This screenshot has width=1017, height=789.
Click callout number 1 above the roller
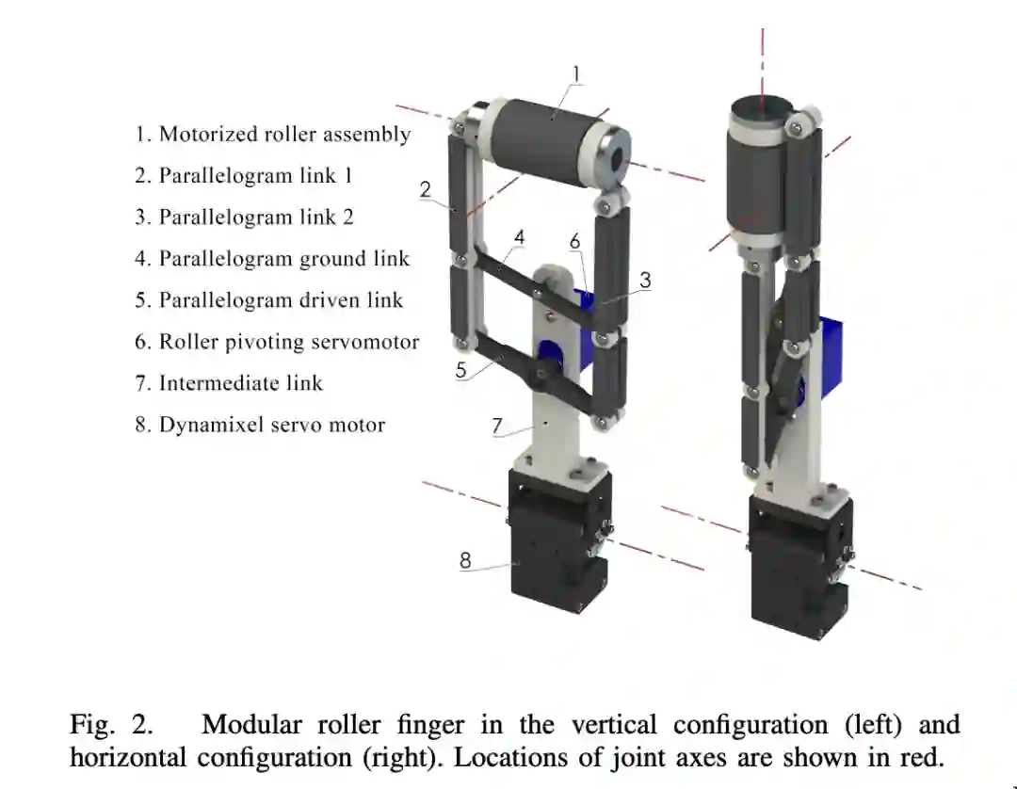(576, 73)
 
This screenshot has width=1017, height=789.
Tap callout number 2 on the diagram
(426, 189)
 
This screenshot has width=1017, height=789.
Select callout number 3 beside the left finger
(645, 280)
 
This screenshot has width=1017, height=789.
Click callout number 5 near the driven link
(460, 370)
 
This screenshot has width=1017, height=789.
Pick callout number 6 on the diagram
(575, 242)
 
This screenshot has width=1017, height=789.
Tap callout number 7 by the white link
(496, 425)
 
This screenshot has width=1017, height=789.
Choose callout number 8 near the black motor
(465, 560)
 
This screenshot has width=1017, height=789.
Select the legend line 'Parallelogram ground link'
(273, 258)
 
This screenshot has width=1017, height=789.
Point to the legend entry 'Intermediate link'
(229, 383)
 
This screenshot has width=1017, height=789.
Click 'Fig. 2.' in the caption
(110, 725)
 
